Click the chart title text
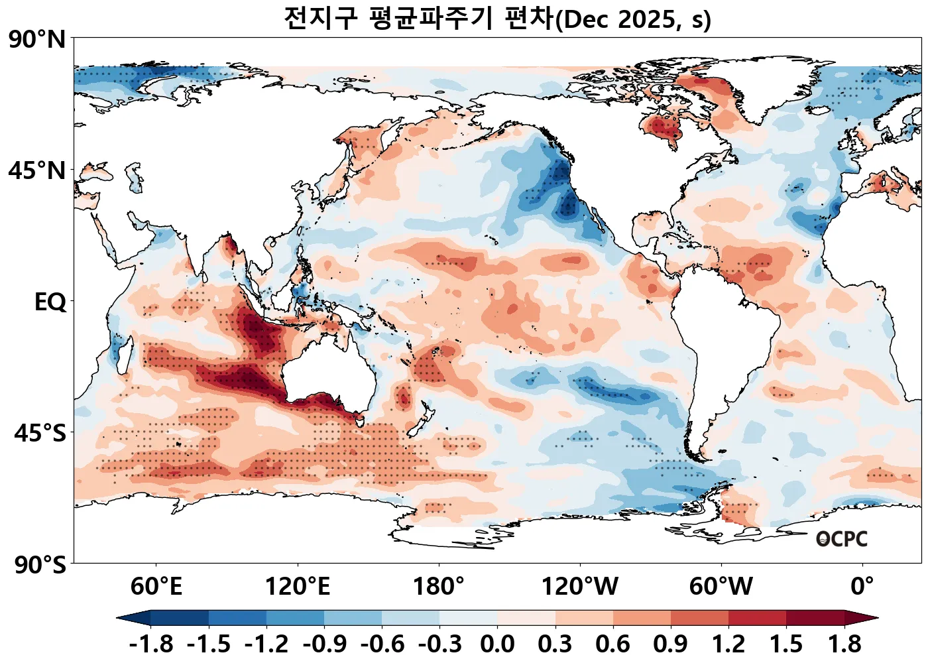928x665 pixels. click(x=497, y=19)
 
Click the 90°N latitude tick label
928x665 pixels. click(x=37, y=40)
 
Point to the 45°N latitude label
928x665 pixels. click(x=37, y=171)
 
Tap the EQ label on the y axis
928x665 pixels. click(x=50, y=302)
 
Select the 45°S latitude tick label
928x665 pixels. click(x=40, y=434)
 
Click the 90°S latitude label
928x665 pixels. click(x=40, y=566)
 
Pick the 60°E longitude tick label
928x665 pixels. click(x=156, y=587)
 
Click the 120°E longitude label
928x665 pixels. click(x=298, y=587)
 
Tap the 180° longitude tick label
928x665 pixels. click(x=439, y=587)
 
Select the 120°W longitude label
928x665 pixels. click(x=580, y=587)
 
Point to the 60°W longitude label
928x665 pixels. click(x=721, y=587)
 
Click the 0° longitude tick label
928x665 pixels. click(x=862, y=587)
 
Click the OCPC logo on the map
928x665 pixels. click(x=842, y=539)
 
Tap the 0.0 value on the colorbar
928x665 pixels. click(x=497, y=644)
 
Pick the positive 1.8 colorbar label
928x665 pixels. click(x=844, y=644)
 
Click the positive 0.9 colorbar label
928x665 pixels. click(x=671, y=644)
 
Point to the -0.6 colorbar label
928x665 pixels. click(x=382, y=644)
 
